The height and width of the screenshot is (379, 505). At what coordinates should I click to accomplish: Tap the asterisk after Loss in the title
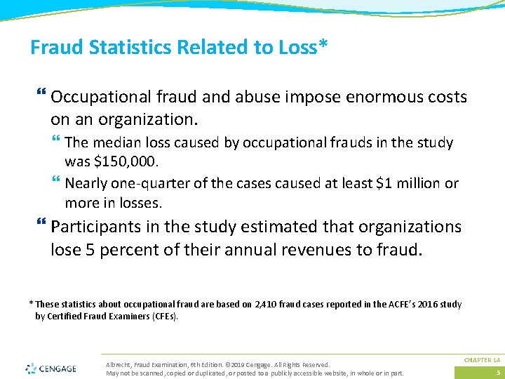[323, 44]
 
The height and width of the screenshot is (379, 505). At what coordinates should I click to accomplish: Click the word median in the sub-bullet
[112, 143]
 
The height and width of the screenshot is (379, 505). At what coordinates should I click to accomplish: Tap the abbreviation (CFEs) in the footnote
[165, 316]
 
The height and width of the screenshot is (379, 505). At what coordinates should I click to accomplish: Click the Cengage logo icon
[32, 368]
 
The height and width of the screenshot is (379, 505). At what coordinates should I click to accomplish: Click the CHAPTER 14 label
[482, 360]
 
